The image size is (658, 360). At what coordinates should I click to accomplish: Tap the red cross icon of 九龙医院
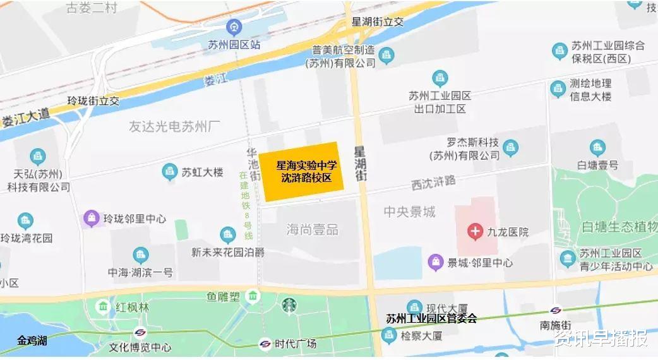475,232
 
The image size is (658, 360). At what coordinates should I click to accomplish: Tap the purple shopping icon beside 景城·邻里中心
435,262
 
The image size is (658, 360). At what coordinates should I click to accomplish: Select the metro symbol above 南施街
556,311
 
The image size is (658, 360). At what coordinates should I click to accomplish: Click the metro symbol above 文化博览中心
140,333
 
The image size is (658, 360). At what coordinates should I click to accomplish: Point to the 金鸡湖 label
32,341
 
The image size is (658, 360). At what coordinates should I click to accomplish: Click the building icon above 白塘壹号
597,148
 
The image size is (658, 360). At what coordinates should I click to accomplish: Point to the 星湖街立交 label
377,21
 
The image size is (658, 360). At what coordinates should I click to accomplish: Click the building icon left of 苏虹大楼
169,171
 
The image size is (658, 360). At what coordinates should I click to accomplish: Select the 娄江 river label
215,80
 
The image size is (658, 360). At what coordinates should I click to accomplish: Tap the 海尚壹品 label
312,229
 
